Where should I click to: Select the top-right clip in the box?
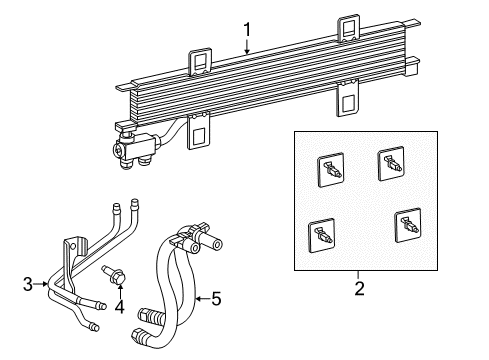click(391, 164)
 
